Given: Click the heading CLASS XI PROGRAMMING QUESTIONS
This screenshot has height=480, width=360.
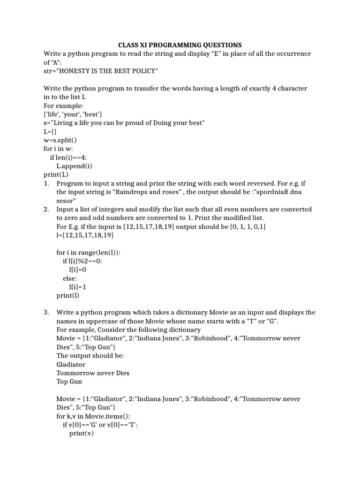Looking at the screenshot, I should point(180,45).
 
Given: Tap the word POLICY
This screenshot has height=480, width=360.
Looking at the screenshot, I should point(144,71).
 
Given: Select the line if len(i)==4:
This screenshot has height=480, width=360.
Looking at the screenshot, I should point(68,157).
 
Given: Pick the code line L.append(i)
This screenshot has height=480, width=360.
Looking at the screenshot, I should point(75,166).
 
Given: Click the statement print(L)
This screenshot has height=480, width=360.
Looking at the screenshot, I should point(56,174).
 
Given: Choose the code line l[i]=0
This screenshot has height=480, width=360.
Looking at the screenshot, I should point(78,270).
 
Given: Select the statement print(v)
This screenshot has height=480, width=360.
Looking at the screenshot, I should point(82,433).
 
